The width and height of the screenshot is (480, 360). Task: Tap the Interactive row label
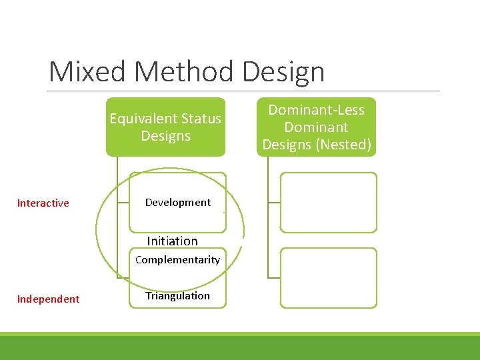point(43,203)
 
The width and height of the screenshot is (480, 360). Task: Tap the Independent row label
point(48,299)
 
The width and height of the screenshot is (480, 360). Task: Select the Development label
point(177,203)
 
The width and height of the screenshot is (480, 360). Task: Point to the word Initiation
point(172,241)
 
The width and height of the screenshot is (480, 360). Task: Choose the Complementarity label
point(177,260)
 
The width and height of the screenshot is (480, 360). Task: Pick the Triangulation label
point(177,296)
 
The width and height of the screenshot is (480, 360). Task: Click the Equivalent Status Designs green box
point(165,127)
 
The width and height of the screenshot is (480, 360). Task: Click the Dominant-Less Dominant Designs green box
point(317,127)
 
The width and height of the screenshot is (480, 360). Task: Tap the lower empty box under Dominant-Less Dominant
point(328,278)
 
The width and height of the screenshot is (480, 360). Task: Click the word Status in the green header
point(201,119)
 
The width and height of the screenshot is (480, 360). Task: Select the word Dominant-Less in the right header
point(317,110)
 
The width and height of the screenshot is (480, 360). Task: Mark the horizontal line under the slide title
point(244,91)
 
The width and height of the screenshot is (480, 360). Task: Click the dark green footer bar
point(240,348)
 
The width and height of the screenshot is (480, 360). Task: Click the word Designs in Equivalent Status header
point(165,136)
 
